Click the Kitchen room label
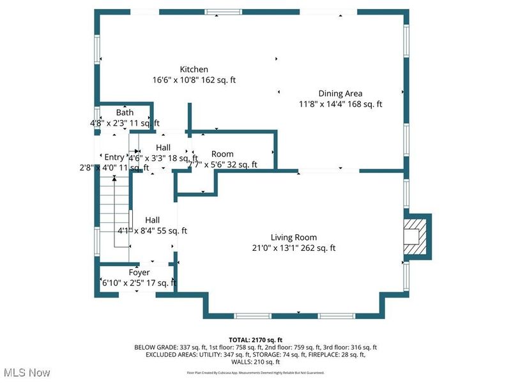[194, 70]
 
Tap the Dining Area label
[340, 93]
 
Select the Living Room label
[293, 237]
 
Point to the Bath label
[125, 113]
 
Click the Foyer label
[139, 273]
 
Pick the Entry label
[114, 158]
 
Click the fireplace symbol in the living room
[416, 236]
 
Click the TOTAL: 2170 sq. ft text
[256, 340]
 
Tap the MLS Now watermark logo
[27, 372]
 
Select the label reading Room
[222, 154]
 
